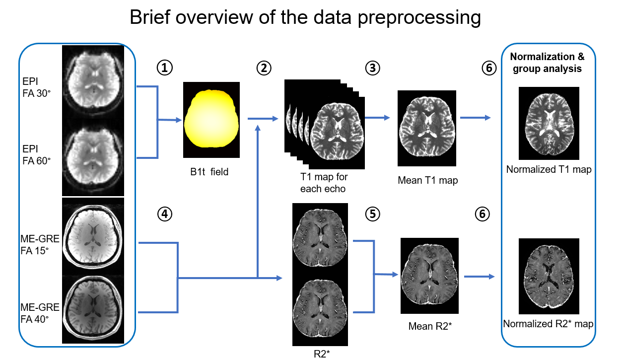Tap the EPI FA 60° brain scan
point(92,158)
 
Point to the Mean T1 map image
point(427,128)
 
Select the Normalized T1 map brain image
point(549,123)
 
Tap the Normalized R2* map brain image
point(549,276)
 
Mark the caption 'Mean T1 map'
point(427,181)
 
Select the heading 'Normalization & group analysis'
point(548,63)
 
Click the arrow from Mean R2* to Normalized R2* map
point(479,276)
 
